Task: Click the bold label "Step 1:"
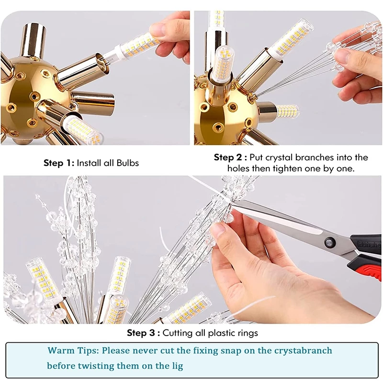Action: coord(58,163)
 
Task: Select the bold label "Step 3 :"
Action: coord(143,333)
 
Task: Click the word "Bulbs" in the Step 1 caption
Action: coord(128,163)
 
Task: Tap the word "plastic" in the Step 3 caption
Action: coord(214,333)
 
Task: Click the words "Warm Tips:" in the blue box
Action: coord(73,351)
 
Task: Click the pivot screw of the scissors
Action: coord(329,243)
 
